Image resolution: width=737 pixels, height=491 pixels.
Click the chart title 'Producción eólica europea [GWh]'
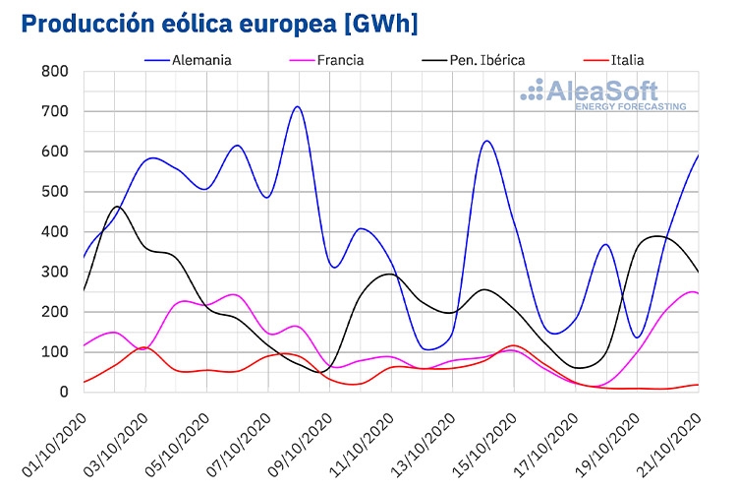[219, 24]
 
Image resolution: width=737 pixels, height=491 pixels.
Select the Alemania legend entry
[188, 60]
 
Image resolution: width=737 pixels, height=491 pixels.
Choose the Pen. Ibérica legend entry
[474, 60]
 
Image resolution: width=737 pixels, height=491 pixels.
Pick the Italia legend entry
[613, 60]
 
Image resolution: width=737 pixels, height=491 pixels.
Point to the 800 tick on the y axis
[54, 72]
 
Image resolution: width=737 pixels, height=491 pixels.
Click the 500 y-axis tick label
[54, 192]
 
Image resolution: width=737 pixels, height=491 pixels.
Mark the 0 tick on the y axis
[64, 392]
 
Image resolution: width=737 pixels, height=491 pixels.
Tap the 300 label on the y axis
[54, 273]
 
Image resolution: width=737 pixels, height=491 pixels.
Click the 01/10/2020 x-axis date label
[55, 445]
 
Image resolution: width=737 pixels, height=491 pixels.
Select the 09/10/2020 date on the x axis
[301, 445]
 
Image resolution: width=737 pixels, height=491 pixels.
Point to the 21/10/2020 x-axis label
[669, 445]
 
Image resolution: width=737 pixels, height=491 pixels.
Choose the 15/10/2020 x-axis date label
[485, 445]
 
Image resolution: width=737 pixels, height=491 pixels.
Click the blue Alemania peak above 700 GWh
[297, 107]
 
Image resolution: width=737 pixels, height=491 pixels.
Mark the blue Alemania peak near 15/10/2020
[486, 141]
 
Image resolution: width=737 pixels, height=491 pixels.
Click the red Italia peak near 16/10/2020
[514, 345]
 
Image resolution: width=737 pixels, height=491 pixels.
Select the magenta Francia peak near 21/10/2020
[693, 292]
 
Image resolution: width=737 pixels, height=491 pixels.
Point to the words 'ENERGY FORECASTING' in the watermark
[631, 107]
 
